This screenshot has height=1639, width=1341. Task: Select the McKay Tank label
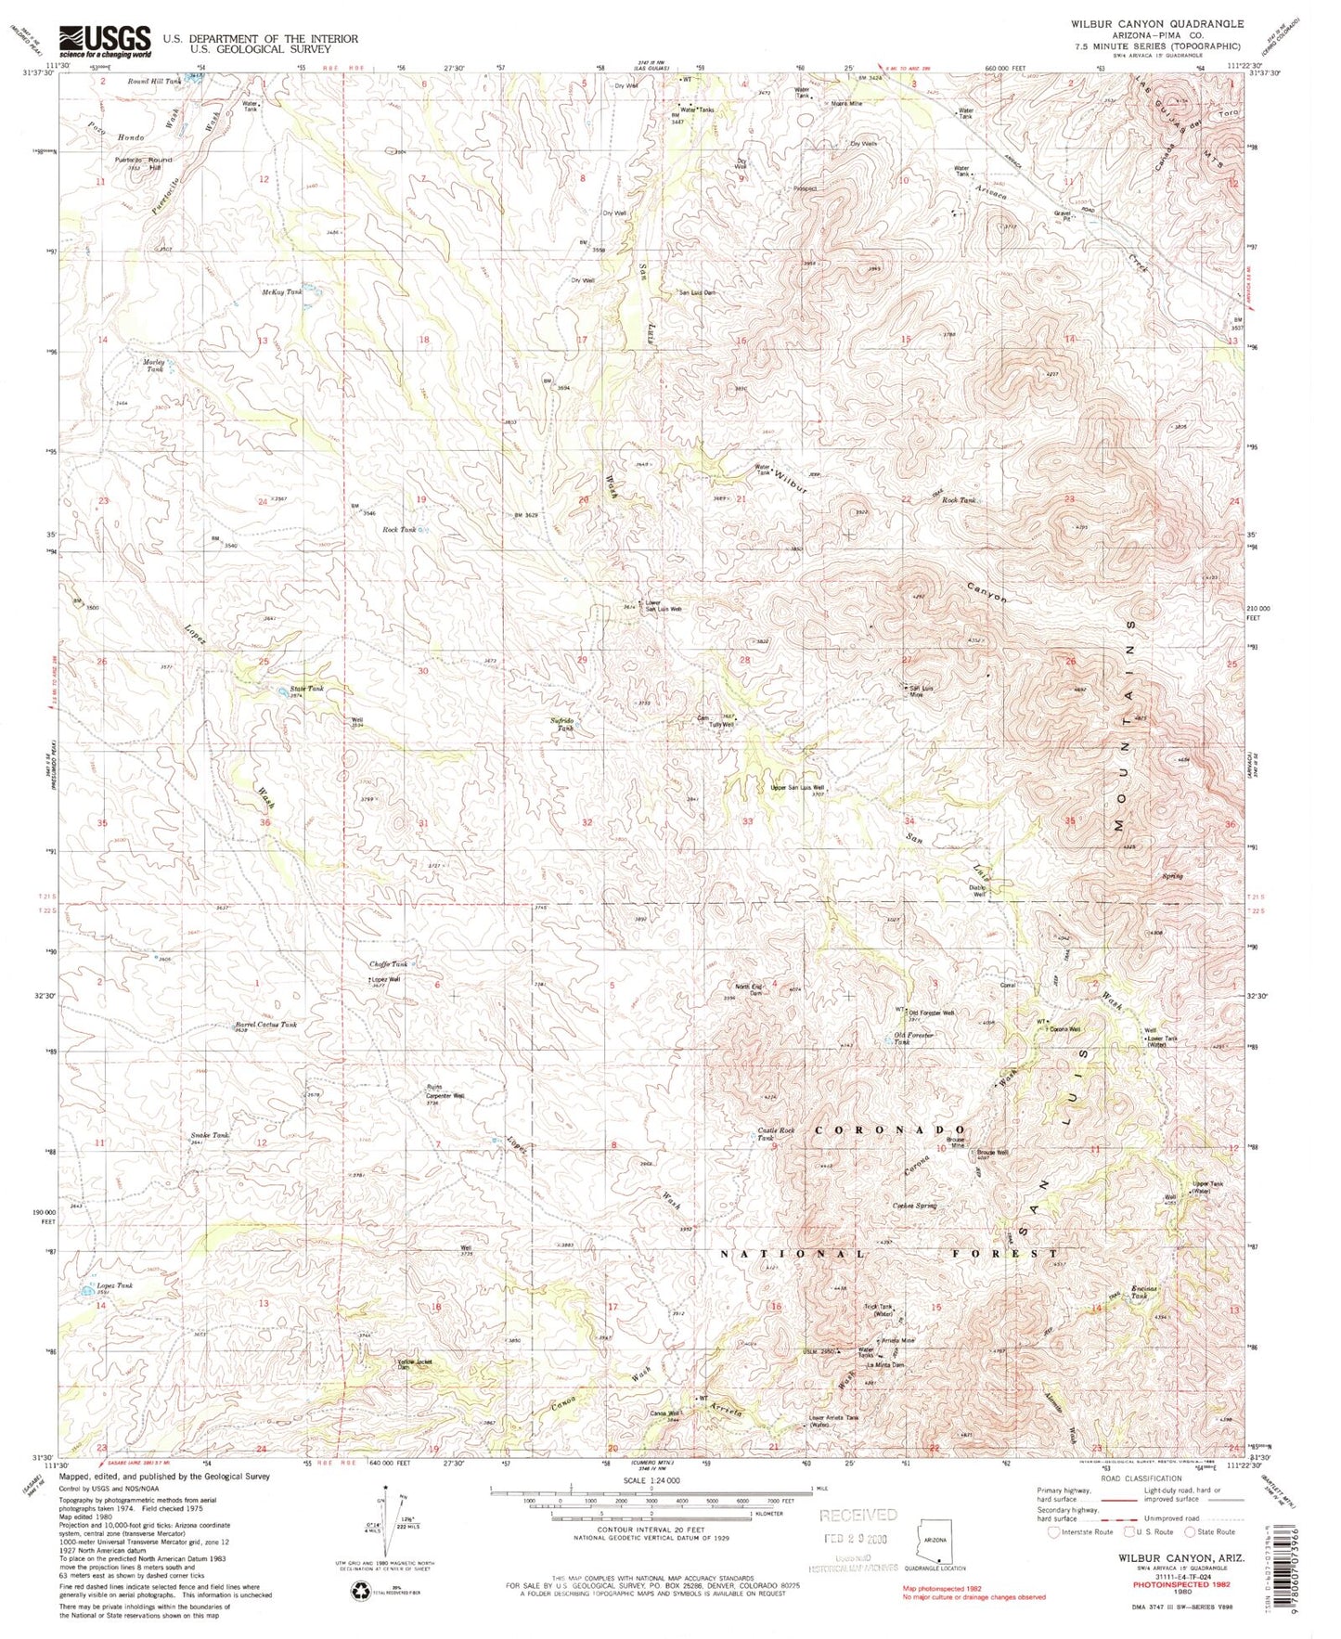(x=282, y=292)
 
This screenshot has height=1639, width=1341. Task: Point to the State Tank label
(x=305, y=690)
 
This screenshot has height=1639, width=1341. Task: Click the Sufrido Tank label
(x=565, y=725)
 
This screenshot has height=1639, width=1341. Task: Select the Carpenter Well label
(x=445, y=1097)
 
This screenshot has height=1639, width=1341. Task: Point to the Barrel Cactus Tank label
(x=265, y=1025)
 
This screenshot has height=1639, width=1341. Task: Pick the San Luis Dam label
(x=697, y=292)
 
